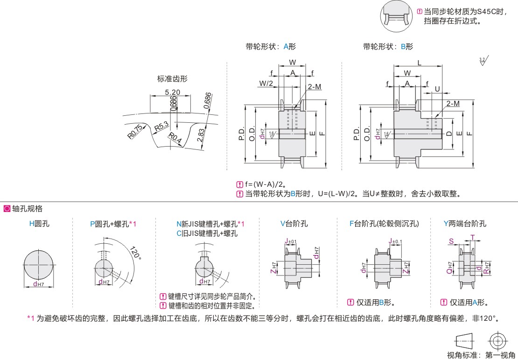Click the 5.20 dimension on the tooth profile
pyautogui.click(x=173, y=92)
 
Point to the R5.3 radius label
pyautogui.click(x=161, y=126)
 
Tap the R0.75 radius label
pyautogui.click(x=134, y=132)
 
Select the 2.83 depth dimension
pyautogui.click(x=200, y=137)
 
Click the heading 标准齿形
pyautogui.click(x=173, y=79)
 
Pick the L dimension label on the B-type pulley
pyautogui.click(x=419, y=62)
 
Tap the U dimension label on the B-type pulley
pyautogui.click(x=437, y=88)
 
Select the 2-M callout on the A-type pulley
pyautogui.click(x=315, y=86)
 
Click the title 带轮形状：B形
pyautogui.click(x=388, y=47)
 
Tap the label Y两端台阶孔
pyautogui.click(x=465, y=224)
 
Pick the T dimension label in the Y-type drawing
pyautogui.click(x=472, y=238)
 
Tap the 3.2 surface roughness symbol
pyautogui.click(x=482, y=61)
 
